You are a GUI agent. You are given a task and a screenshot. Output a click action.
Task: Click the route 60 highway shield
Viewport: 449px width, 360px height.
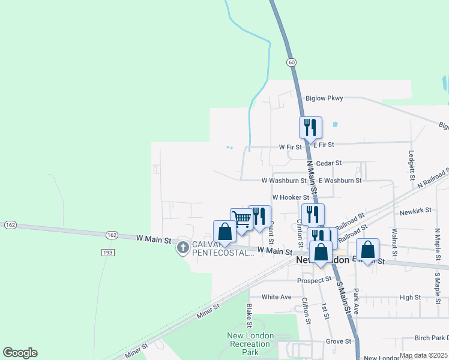click(x=291, y=62)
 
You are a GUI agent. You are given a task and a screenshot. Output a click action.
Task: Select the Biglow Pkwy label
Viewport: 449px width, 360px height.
click(x=324, y=99)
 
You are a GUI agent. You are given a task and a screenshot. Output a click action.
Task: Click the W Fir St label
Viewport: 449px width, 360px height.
click(x=290, y=147)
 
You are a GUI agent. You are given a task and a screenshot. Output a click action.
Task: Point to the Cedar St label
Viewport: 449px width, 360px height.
click(x=328, y=163)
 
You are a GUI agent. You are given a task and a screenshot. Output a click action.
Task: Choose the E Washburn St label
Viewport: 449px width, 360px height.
click(x=340, y=180)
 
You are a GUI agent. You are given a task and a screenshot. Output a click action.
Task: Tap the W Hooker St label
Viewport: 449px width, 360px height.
click(x=291, y=197)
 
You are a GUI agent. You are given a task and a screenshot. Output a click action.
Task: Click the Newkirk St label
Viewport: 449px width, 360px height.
click(x=415, y=212)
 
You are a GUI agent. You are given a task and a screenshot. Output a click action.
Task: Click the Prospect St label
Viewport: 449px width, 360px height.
click(x=315, y=280)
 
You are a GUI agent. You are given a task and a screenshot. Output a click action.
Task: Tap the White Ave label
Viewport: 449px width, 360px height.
click(x=277, y=297)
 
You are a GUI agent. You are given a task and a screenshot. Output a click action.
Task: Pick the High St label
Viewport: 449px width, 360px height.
click(x=410, y=297)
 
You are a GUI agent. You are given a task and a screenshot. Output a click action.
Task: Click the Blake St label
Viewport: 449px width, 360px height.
click(x=249, y=311)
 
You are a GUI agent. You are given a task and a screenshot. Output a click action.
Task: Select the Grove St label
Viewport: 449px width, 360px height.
click(x=339, y=341)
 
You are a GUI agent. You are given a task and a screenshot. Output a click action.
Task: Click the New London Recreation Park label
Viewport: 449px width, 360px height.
click(x=250, y=344)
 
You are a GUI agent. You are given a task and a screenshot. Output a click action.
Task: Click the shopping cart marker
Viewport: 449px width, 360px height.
click(x=241, y=219)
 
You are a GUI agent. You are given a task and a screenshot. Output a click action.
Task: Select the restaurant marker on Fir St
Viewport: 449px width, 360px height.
click(x=310, y=127)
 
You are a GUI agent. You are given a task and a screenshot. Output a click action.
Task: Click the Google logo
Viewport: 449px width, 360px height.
click(x=20, y=353)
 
